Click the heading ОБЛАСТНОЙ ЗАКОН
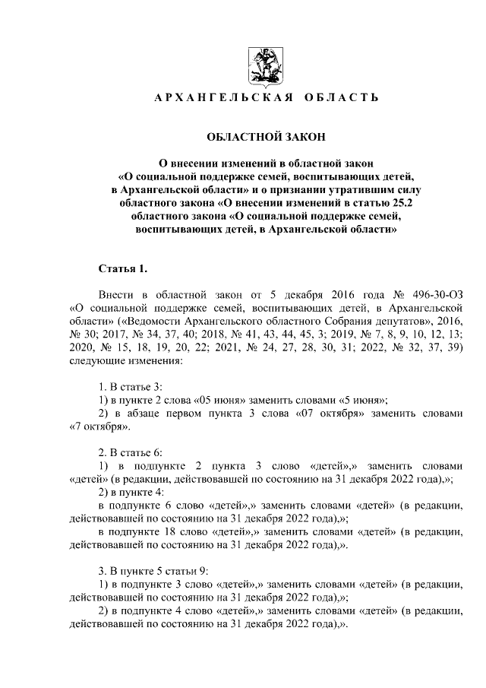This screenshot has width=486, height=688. pos(266,137)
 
